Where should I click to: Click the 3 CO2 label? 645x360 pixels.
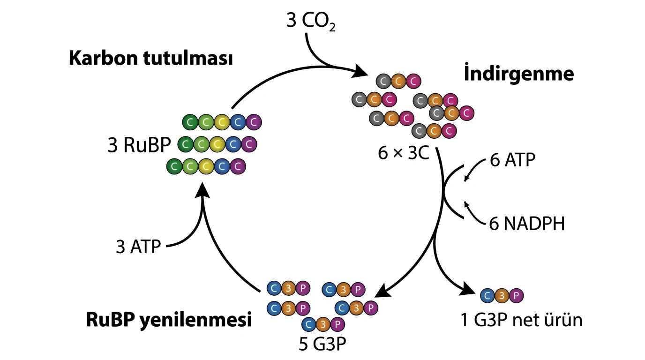coord(311,22)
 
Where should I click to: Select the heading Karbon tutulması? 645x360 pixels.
coord(151,58)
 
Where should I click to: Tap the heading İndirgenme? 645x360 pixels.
coord(519,73)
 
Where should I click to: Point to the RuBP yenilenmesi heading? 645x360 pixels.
coord(169,321)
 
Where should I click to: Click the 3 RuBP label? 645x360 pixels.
coord(139,145)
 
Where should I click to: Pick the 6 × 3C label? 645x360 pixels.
coord(404,153)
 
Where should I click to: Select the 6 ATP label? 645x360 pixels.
coord(512,159)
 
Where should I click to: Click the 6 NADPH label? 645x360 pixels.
coord(527,224)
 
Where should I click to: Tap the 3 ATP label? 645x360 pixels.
coord(138,247)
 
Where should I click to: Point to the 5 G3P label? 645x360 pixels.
coord(322,344)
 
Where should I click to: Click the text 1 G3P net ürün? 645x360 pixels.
coord(521,320)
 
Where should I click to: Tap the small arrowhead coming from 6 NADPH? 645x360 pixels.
coord(466,204)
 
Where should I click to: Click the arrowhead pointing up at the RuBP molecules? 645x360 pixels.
coord(202,190)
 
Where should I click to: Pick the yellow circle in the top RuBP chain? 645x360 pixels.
coord(222,122)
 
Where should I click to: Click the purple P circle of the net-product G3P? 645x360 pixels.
coord(516,295)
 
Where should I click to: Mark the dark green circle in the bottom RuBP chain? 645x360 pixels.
coord(174,166)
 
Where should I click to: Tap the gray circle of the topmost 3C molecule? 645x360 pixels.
coord(383,82)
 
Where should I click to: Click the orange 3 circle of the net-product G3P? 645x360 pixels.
coord(502,295)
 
